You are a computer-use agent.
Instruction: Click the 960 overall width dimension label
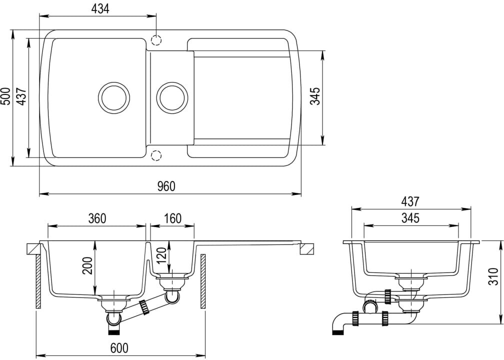pos(166,186)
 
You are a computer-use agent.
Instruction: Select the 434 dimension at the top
pos(100,9)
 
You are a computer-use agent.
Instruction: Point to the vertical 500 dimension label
pos(6,96)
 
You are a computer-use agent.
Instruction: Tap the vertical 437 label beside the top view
pos(21,96)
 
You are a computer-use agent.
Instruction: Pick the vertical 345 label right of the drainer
pos(315,96)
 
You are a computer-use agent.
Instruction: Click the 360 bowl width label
pos(97,218)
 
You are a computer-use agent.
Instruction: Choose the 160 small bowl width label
pos(172,218)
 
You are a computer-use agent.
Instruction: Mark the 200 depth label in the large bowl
pos(87,265)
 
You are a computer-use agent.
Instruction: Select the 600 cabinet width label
pos(119,348)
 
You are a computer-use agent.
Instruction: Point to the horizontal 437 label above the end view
pos(410,201)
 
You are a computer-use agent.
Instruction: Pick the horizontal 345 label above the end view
pos(410,218)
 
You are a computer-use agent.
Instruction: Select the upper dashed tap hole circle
pos(156,40)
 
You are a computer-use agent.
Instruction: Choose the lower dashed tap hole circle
pos(156,155)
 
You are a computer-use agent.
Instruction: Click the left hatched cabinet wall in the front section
pos(38,281)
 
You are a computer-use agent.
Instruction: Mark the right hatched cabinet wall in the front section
pos(203,281)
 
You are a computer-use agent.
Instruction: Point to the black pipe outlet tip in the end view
pos(337,332)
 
